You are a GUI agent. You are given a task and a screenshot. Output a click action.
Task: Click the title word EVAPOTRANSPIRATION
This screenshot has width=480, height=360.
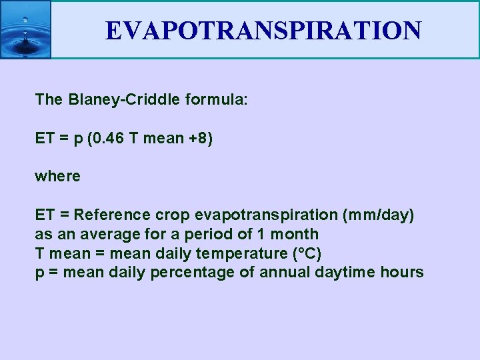(x=263, y=31)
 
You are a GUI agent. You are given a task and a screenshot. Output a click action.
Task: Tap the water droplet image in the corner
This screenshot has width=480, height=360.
(x=25, y=30)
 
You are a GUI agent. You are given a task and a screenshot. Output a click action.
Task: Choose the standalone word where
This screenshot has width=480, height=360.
(x=57, y=177)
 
